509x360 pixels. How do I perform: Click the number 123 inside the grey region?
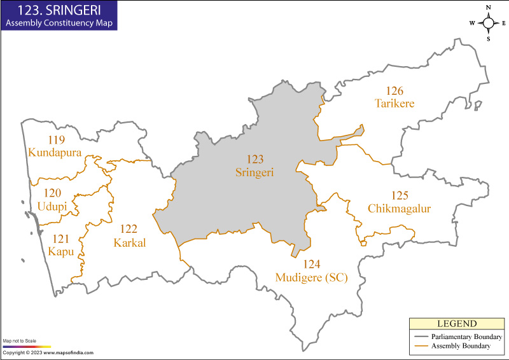coord(255,159)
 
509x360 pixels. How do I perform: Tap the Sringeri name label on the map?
coord(255,172)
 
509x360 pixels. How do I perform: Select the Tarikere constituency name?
coord(394,103)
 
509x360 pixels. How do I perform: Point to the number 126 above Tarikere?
coord(394,91)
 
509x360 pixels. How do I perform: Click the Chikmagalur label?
coord(400,209)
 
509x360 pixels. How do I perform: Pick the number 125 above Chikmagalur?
coord(400,196)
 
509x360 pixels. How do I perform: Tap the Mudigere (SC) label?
coord(311,277)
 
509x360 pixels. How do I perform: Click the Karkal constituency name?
coord(130,242)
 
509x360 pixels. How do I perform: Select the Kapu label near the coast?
coord(61,251)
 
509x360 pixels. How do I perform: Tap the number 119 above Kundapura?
coord(55,140)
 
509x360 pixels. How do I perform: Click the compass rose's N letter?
coord(489,8)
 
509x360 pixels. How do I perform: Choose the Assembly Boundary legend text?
coord(460,346)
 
